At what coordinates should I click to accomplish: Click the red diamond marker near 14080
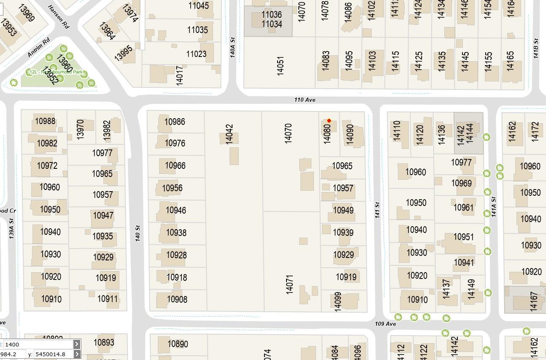point(329,121)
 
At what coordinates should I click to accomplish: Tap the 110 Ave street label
point(305,100)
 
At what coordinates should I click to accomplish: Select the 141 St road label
point(377,210)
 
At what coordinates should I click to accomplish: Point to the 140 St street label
point(138,233)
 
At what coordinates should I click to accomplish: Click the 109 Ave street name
point(385,324)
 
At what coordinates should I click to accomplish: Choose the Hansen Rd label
point(59,17)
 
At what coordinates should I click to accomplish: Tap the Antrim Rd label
point(39,47)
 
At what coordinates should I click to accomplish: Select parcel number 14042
point(229,134)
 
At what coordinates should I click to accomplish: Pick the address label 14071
point(289,284)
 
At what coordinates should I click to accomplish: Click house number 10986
point(175,122)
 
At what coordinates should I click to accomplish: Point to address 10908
point(177,300)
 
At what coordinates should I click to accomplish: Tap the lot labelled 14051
point(280,66)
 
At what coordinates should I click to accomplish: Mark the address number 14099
point(338,302)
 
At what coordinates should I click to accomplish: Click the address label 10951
point(464,237)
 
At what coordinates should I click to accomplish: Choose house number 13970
point(80,129)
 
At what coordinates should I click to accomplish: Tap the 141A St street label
point(494,207)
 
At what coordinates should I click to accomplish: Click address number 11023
point(196,54)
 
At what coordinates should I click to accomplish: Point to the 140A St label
point(232,47)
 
